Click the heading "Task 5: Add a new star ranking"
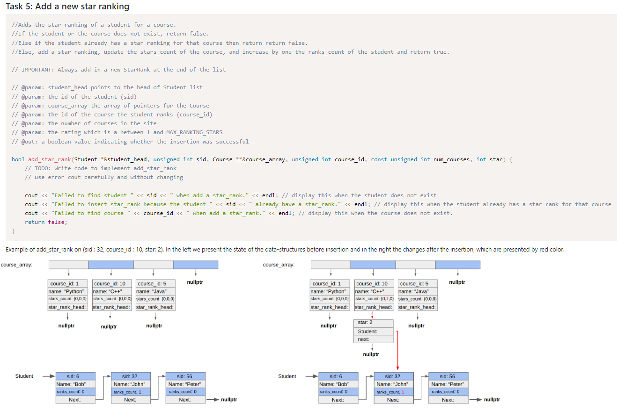pos(67,7)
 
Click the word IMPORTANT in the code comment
pos(38,70)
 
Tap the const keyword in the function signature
pos(379,159)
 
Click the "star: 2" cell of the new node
pos(373,323)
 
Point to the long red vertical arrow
pos(397,351)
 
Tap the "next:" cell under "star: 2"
pos(373,339)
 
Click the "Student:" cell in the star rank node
pos(373,331)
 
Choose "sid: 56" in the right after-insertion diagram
pos(448,376)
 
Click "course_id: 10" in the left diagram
pos(110,283)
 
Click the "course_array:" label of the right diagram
pos(279,265)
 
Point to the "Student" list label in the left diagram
pos(24,376)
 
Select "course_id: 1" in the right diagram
pos(327,283)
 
